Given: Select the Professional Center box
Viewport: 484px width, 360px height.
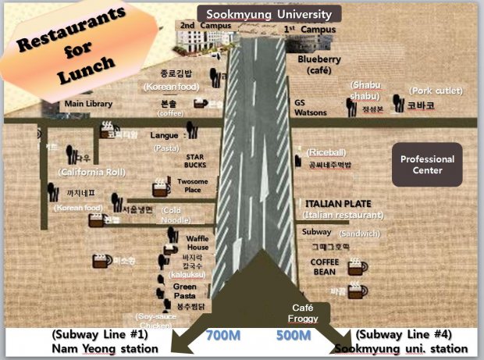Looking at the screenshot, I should coord(427,165).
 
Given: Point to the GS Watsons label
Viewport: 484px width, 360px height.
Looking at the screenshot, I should coord(310,107).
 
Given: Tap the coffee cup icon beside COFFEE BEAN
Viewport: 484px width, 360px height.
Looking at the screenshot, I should coord(358,267).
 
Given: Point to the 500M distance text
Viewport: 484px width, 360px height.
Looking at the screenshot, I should coord(295,337).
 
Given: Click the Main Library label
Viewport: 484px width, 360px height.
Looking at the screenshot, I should coord(88,104).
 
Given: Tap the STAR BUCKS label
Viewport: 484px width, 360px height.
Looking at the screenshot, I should coord(195,161).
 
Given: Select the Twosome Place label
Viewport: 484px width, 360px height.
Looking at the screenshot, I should coord(193,185).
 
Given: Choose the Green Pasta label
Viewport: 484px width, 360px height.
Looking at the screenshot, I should coord(184,291).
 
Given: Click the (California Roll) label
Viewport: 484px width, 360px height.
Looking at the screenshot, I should coord(92,171).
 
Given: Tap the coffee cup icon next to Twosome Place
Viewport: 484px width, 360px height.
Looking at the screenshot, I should coord(161,187).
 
